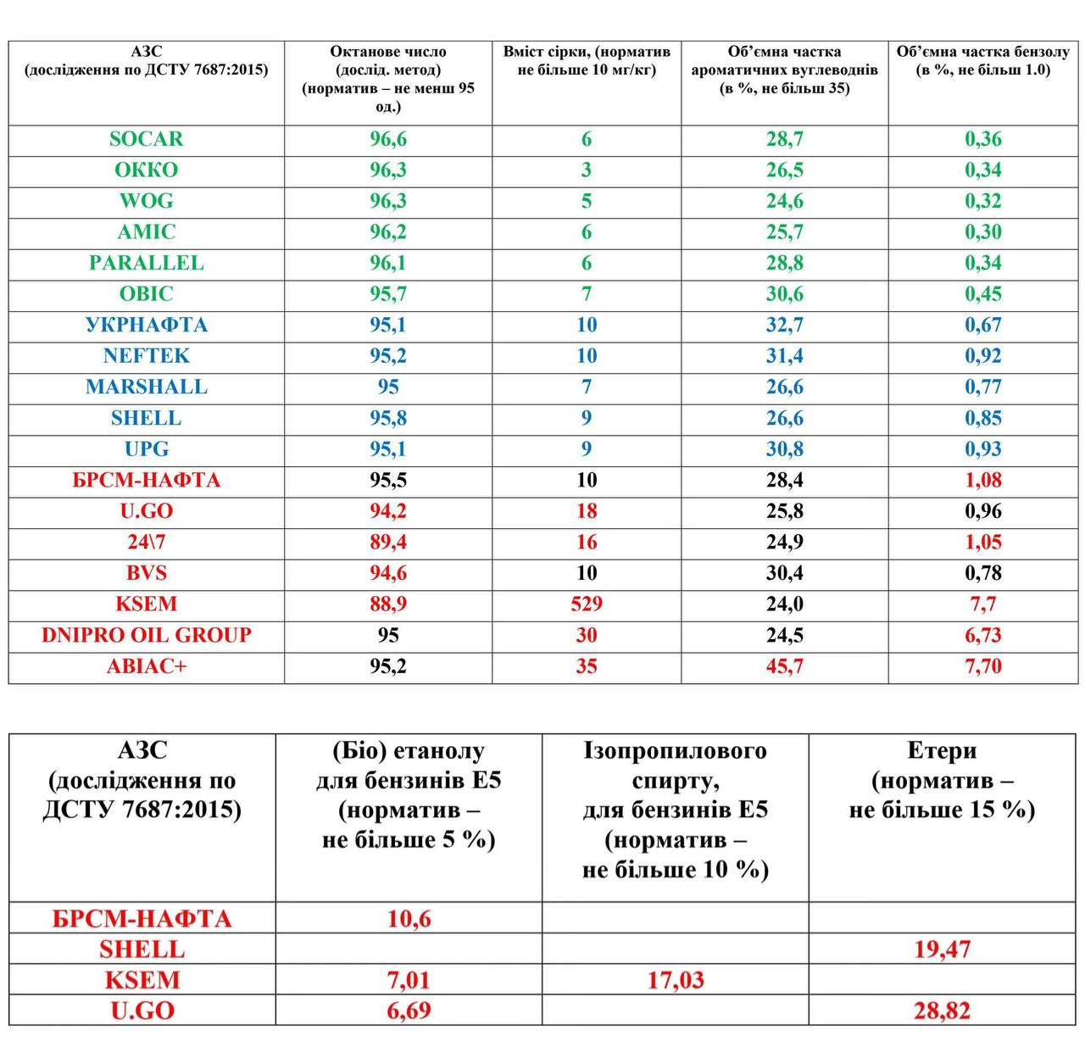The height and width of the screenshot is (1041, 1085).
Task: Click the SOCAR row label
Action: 146,139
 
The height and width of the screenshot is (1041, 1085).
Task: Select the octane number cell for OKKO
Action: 387,170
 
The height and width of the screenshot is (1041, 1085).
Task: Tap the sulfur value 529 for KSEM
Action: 587,604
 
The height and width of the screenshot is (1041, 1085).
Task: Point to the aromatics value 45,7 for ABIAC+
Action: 784,666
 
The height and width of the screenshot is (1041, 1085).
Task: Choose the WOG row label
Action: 146,201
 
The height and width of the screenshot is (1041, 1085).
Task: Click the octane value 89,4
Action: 387,543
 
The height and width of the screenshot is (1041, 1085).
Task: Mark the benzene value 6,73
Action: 982,636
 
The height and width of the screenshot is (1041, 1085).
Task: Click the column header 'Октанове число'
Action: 387,79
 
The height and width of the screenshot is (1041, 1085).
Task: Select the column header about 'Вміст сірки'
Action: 587,61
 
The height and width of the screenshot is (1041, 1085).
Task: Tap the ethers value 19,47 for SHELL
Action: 942,949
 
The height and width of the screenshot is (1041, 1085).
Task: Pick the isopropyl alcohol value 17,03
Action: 676,981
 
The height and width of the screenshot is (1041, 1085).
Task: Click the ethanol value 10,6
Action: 409,919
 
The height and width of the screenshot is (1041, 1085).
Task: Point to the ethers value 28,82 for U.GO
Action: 942,1011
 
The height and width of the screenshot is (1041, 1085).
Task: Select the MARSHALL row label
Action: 146,387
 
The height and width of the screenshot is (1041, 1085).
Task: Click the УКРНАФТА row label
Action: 146,326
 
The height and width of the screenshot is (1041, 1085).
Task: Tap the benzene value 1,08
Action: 982,481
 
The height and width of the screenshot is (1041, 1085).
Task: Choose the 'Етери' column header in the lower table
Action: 942,780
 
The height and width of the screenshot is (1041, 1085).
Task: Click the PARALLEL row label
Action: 146,263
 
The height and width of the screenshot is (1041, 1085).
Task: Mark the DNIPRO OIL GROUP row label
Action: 146,636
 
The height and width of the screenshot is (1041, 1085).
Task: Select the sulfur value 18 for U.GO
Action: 587,511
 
